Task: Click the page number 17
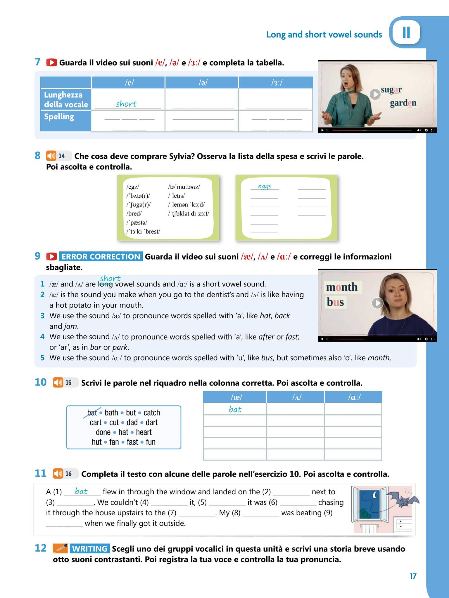(x=413, y=576)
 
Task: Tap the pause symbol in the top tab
(x=406, y=32)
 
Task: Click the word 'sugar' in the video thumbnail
(x=391, y=90)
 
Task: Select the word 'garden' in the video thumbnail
(x=403, y=103)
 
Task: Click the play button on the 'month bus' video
(x=377, y=303)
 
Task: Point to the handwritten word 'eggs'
(x=265, y=186)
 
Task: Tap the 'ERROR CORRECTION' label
(x=101, y=256)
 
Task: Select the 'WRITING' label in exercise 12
(x=89, y=549)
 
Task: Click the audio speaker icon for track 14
(x=51, y=156)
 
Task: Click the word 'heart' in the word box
(x=144, y=432)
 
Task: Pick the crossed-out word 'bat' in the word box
(x=92, y=413)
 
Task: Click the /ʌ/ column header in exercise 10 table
(x=295, y=397)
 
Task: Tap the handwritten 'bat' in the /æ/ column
(x=235, y=409)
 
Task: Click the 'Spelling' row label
(x=59, y=117)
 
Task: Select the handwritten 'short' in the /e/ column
(x=126, y=104)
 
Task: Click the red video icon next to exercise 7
(x=51, y=62)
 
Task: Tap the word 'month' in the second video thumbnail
(x=342, y=287)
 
